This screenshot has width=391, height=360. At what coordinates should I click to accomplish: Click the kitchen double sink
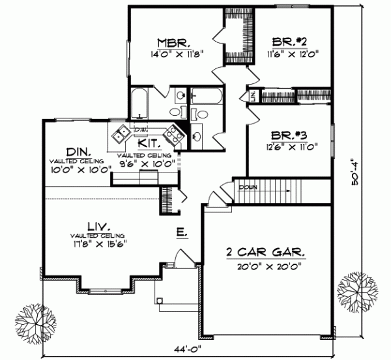121,135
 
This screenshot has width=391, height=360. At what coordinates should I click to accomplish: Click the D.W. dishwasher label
141,130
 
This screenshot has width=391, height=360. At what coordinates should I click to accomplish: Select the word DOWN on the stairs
248,187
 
